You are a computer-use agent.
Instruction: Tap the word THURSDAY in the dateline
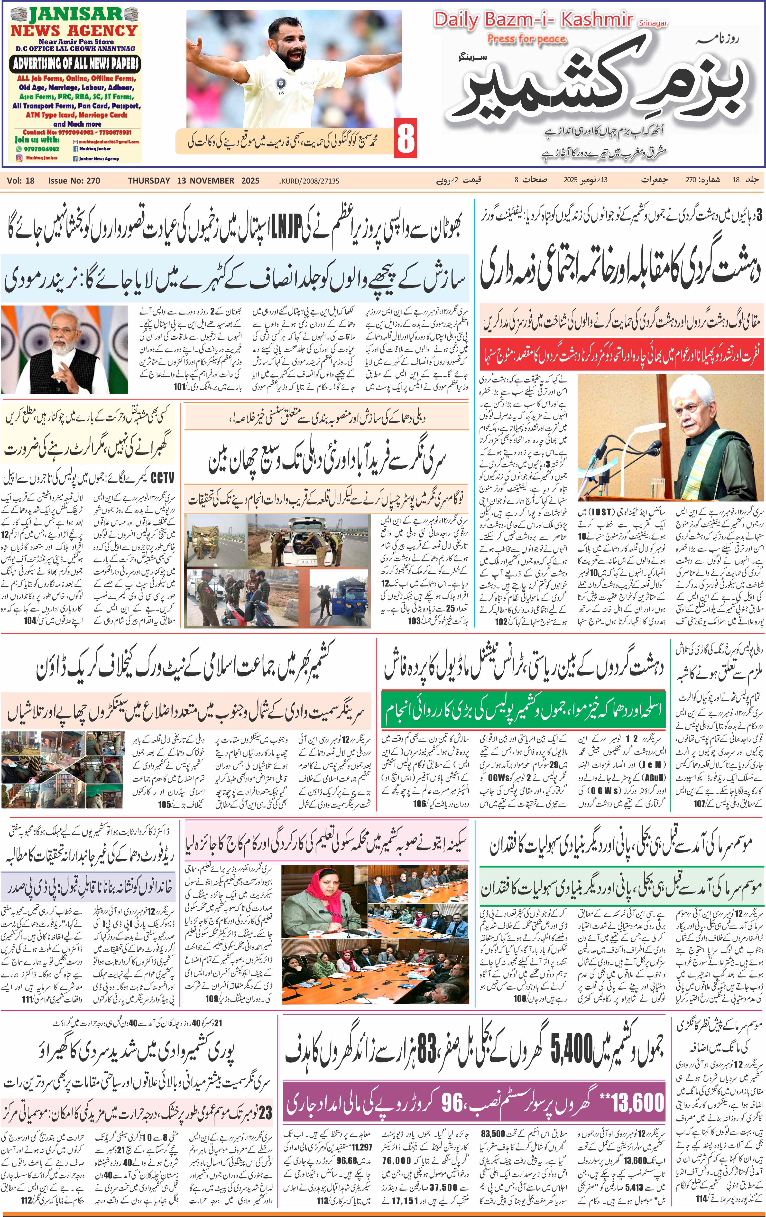[149, 180]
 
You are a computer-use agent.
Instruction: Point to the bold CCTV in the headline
[163, 478]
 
